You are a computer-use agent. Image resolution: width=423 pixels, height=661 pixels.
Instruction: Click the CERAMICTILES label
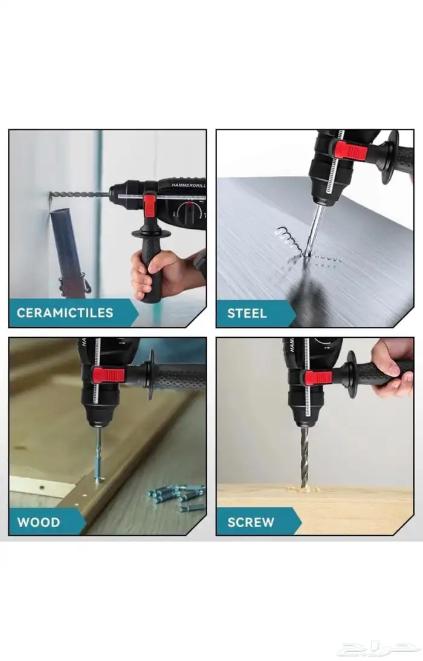click(x=65, y=313)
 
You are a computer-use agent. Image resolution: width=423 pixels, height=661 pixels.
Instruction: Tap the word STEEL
click(x=247, y=313)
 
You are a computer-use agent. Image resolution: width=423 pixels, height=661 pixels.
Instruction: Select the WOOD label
click(x=39, y=522)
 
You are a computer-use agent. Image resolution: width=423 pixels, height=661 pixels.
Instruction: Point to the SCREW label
click(x=251, y=522)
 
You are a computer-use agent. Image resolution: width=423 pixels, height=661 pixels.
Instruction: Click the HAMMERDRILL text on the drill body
click(x=188, y=185)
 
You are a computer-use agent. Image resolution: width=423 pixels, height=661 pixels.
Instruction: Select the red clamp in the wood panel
click(x=109, y=375)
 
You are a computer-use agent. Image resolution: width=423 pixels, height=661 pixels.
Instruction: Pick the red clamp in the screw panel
click(x=318, y=377)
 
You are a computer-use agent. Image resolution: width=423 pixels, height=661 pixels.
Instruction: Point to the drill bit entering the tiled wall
click(x=79, y=195)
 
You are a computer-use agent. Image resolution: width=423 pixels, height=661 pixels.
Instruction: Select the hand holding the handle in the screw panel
click(x=393, y=367)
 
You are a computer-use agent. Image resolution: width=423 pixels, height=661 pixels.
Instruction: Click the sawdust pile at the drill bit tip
click(x=303, y=490)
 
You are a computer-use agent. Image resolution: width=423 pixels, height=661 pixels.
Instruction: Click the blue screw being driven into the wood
click(x=98, y=456)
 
